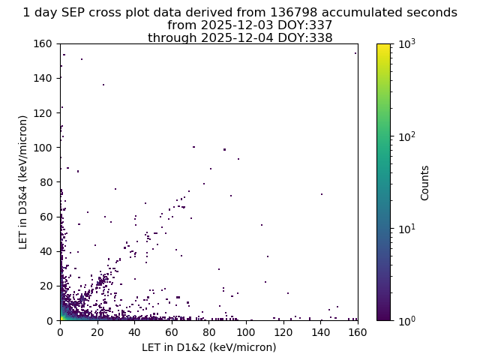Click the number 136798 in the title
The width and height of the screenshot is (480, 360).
tap(294, 13)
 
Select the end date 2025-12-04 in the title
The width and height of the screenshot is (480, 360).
tap(238, 37)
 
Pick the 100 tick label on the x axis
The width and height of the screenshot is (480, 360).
tap(247, 332)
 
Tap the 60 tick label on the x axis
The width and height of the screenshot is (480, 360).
tap(172, 332)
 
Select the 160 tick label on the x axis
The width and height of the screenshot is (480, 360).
tap(358, 332)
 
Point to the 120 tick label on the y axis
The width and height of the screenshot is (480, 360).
tap(43, 113)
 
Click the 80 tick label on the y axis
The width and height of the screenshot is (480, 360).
tap(46, 182)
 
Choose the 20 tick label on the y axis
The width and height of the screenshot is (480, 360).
tap(46, 286)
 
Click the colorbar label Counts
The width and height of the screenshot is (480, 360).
tap(424, 183)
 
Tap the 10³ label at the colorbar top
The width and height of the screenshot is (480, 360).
tap(406, 45)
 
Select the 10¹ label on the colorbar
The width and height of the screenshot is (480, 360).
tap(406, 229)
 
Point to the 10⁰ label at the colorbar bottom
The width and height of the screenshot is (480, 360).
tap(406, 321)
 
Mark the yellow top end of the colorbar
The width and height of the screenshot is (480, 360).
tap(383, 46)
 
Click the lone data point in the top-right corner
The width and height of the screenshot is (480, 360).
tap(355, 53)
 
